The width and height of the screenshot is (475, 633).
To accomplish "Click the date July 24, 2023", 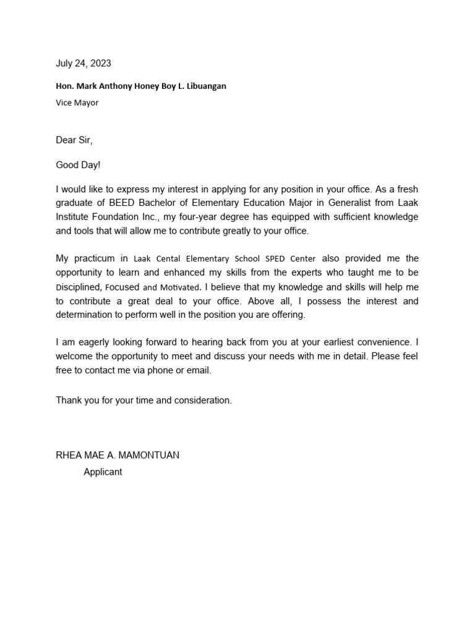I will (x=83, y=63).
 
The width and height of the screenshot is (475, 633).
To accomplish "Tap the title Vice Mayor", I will (x=77, y=103).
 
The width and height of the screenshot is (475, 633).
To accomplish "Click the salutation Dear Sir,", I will (x=74, y=140).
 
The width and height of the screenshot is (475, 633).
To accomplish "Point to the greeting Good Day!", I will (x=78, y=165).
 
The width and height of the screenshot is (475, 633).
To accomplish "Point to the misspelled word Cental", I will (x=168, y=259).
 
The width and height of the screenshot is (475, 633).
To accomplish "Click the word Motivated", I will (x=179, y=287).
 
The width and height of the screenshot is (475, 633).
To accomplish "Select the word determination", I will (x=85, y=315).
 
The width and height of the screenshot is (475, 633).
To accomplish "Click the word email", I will (x=198, y=370).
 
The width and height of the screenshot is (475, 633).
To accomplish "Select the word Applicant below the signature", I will (x=103, y=472).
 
